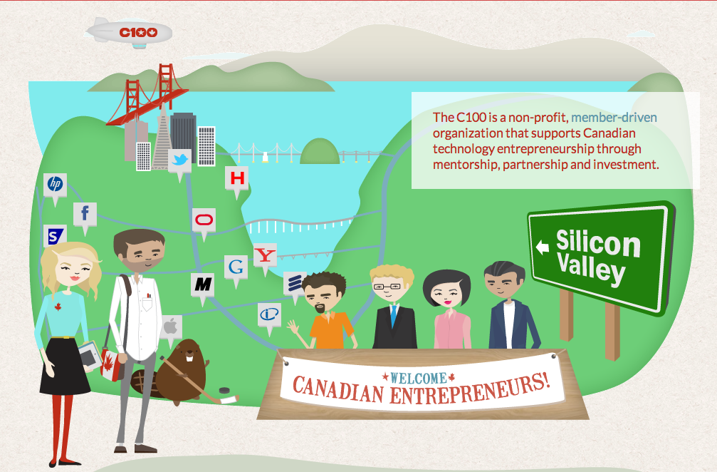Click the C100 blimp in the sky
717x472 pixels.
(129, 33)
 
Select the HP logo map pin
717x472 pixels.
(56, 187)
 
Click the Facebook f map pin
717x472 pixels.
(85, 216)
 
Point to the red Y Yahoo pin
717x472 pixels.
(265, 257)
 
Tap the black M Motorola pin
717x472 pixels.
(203, 287)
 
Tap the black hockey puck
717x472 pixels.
(224, 391)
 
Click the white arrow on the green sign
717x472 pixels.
(543, 247)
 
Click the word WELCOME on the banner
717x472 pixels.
(419, 378)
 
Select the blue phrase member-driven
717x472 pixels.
(614, 118)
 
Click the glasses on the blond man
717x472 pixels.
(387, 287)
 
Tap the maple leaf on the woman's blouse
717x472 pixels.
(58, 307)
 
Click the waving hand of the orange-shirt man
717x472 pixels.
(293, 327)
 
